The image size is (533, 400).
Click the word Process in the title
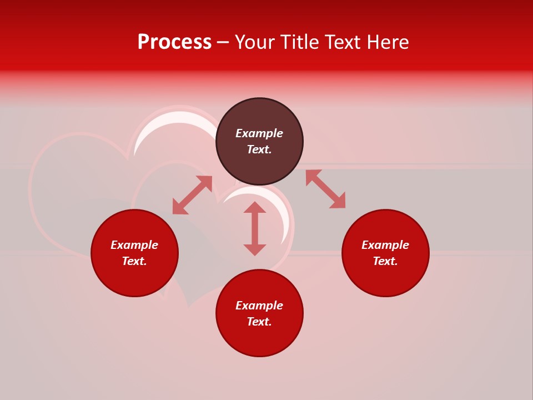coord(174,42)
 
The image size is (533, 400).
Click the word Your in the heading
coord(257,42)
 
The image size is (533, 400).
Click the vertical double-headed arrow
coord(255,229)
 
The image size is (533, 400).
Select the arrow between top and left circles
coord(192,195)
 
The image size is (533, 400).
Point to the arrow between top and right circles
coord(325,189)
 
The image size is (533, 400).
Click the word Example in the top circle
coord(259,133)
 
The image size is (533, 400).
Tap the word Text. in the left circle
coord(134,261)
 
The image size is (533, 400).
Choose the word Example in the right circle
coord(385,245)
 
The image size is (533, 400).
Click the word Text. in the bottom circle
coord(259,322)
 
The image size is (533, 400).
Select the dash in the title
coord(223,42)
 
